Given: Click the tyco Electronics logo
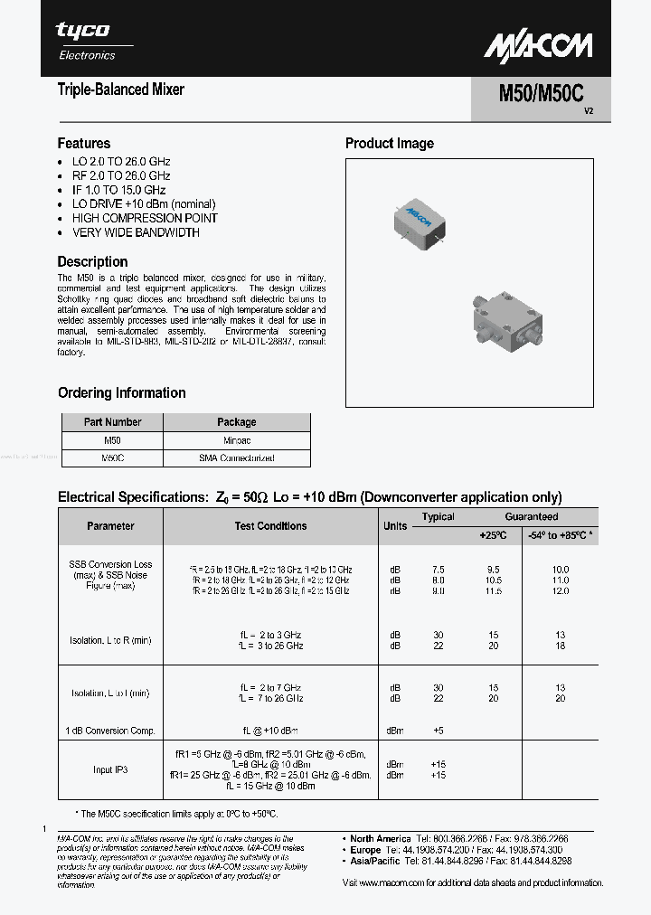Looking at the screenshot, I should tap(86, 41).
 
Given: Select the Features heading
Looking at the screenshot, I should tap(84, 143).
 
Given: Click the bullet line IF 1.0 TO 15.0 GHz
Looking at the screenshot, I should tap(118, 190).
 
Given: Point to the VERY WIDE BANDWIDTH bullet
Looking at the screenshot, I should tap(136, 232).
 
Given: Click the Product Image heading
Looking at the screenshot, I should tap(390, 143).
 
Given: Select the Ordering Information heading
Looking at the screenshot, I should tap(122, 392).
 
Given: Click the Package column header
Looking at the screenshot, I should tap(237, 422).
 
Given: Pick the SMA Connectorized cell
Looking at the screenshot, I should tap(237, 457).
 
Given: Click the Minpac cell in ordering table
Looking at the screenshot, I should tap(237, 440).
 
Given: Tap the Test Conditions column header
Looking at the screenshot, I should tap(270, 525).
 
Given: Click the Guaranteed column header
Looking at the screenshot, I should tap(532, 517).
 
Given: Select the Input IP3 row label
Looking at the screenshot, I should tap(110, 769).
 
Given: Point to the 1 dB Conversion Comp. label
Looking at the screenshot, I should tap(111, 730).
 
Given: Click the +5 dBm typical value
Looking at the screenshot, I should tap(439, 730).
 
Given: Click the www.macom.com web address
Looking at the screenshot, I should tap(394, 882).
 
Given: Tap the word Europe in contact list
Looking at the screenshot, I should tap(366, 851).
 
